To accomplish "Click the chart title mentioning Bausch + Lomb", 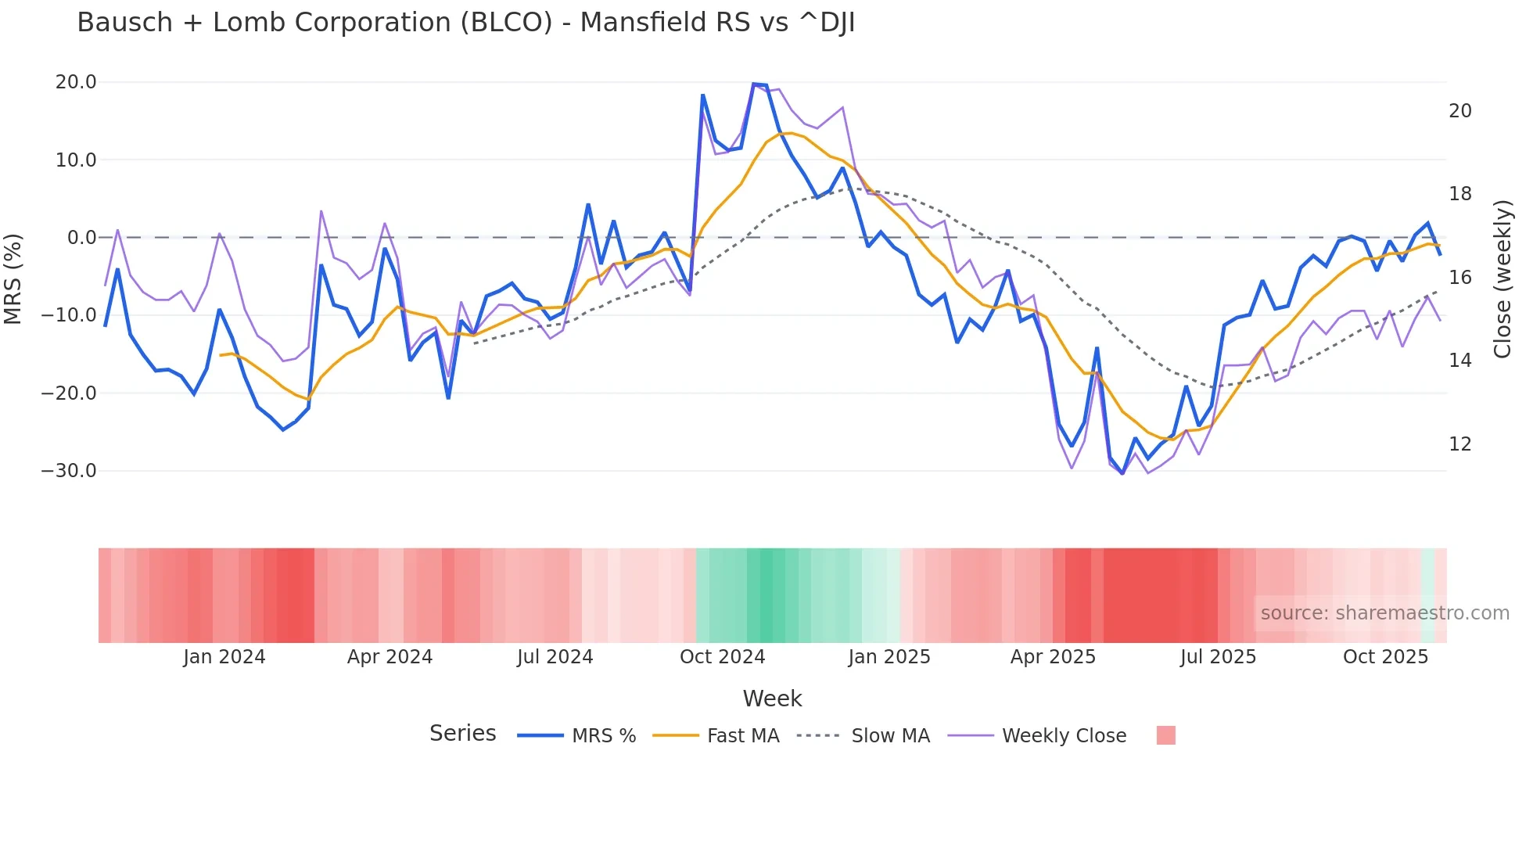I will pyautogui.click(x=465, y=23).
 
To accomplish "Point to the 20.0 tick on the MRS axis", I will pyautogui.click(x=76, y=82).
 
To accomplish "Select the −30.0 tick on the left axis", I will pyautogui.click(x=69, y=471).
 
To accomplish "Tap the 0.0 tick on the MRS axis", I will pyautogui.click(x=81, y=238).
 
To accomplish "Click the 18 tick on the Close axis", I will pyautogui.click(x=1459, y=194).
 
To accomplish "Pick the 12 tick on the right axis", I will pyautogui.click(x=1459, y=444).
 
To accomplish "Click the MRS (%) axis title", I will pyautogui.click(x=13, y=278).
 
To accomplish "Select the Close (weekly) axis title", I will pyautogui.click(x=1502, y=279).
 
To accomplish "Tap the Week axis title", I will pyautogui.click(x=772, y=699).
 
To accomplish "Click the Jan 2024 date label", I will pyautogui.click(x=224, y=657).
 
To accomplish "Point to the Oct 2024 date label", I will pyautogui.click(x=722, y=657).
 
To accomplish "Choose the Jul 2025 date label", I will pyautogui.click(x=1218, y=657).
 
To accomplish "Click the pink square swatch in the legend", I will pyautogui.click(x=1165, y=735).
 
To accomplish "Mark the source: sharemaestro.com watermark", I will pyautogui.click(x=1384, y=613).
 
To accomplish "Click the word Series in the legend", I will pyautogui.click(x=462, y=734).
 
